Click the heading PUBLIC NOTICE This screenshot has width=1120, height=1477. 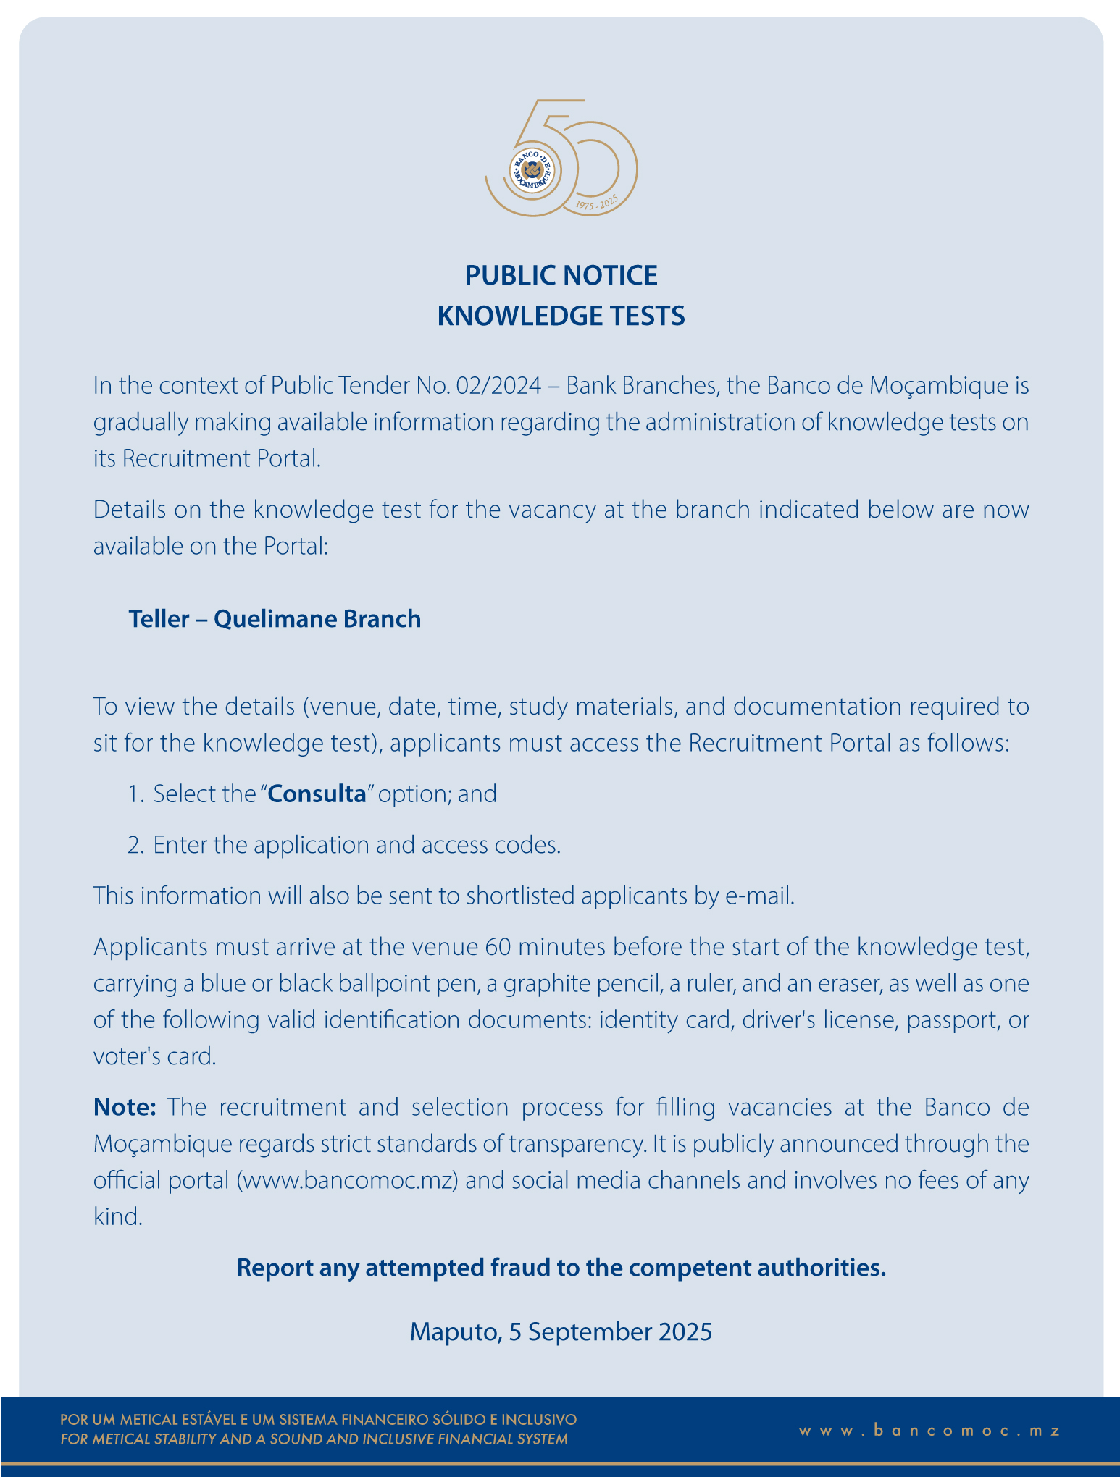pos(561,276)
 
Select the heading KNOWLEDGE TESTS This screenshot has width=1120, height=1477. pos(561,316)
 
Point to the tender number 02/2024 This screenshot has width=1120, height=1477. pos(498,385)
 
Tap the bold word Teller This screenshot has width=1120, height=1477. pos(159,619)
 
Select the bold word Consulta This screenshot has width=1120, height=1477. pos(317,794)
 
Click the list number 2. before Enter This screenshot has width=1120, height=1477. pos(136,845)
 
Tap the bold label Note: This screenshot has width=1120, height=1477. pos(125,1107)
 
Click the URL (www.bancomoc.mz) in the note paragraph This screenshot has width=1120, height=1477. pos(347,1180)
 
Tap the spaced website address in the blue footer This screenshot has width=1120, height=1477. pos(929,1431)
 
